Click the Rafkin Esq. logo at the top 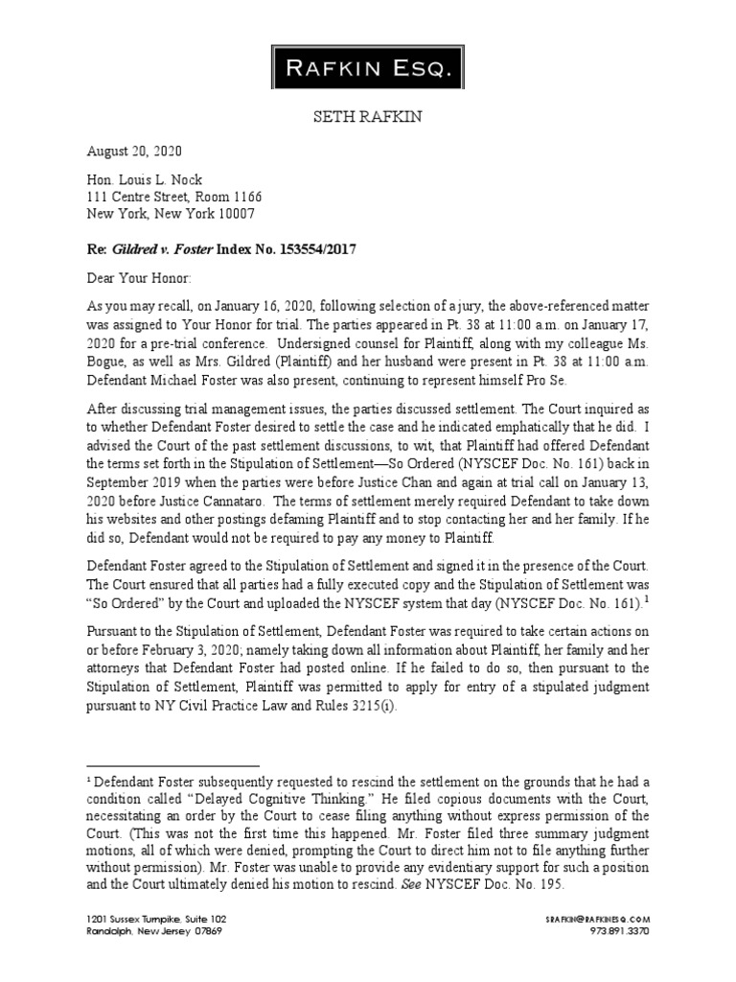coord(368,66)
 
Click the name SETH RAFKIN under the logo coord(368,117)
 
